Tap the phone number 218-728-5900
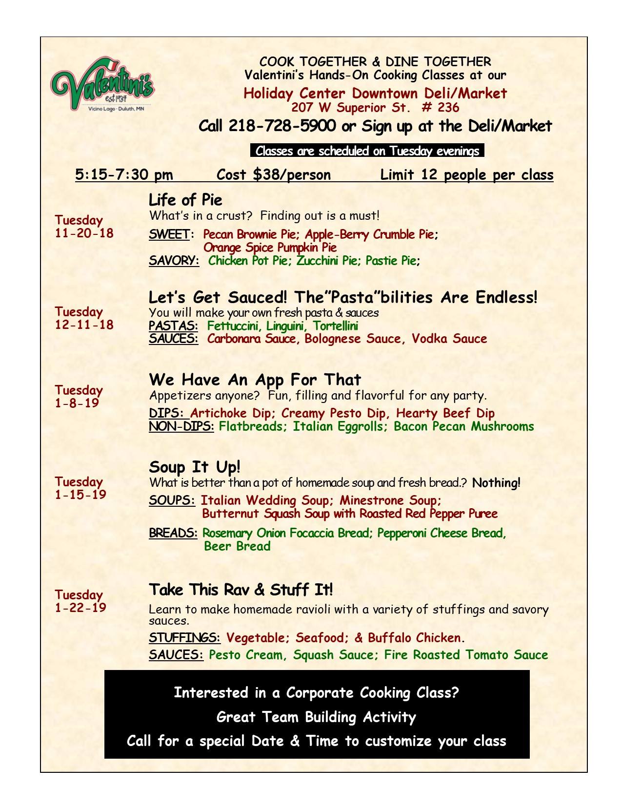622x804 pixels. tap(282, 126)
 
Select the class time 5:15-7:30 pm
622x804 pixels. tap(124, 175)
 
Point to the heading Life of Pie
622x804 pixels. tap(185, 200)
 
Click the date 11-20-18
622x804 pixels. tap(84, 233)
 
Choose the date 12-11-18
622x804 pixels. tap(84, 325)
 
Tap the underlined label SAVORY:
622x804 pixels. tap(174, 261)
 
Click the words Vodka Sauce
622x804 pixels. tap(449, 339)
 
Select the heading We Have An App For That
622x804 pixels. tap(255, 380)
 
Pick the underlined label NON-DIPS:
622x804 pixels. tap(181, 427)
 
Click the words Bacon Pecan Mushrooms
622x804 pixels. tap(463, 427)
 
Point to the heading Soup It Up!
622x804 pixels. tap(195, 467)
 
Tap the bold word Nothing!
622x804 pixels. tap(496, 483)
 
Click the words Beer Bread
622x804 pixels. tap(237, 546)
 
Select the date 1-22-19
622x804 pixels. tap(80, 608)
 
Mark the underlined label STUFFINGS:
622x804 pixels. tap(184, 638)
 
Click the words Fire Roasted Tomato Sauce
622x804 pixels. tap(466, 655)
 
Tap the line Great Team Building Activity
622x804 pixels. tap(316, 717)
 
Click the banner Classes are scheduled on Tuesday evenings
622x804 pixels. tap(367, 151)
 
